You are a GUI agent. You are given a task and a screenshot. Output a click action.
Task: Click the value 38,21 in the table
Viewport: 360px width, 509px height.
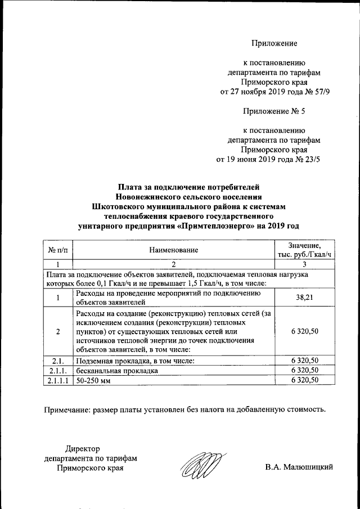point(304,297)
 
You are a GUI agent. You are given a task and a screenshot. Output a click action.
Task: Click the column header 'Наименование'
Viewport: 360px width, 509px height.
point(174,249)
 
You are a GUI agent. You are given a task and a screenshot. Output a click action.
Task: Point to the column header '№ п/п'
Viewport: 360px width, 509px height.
point(58,249)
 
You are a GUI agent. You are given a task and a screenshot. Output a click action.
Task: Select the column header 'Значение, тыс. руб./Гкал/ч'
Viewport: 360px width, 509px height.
point(304,249)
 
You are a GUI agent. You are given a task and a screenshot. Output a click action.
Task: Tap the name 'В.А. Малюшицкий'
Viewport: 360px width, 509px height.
point(300,467)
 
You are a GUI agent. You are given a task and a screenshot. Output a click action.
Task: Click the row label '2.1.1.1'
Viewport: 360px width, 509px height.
point(58,380)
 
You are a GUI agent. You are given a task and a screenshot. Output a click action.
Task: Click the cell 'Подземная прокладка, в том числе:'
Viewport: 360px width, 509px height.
point(134,361)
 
